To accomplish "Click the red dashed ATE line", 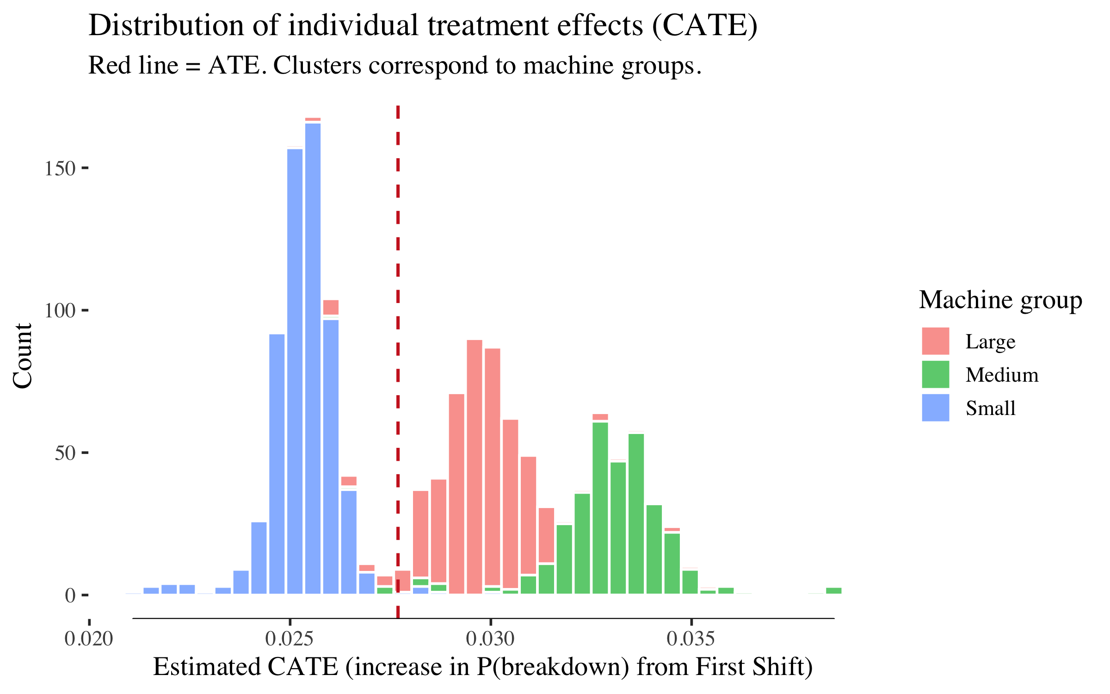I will (x=398, y=324).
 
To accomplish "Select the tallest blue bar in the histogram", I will (x=313, y=361).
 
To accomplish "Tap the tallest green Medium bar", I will (x=600, y=509).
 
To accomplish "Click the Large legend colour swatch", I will (x=935, y=341).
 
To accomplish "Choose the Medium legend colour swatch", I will (x=935, y=374).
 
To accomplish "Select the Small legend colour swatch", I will (x=935, y=408).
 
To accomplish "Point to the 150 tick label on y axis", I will (x=60, y=168).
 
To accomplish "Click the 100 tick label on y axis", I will (x=60, y=310).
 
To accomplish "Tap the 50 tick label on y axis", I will (x=65, y=453).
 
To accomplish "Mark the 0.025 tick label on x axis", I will (x=290, y=639).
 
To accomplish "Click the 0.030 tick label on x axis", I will (x=490, y=639).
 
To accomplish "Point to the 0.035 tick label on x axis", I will (x=691, y=639).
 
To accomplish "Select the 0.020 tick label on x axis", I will (x=89, y=639).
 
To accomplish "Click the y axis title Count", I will (x=22, y=356).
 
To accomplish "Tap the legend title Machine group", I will (x=1000, y=300).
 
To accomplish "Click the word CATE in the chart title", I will (x=705, y=25).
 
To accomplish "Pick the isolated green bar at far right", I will (x=833, y=590).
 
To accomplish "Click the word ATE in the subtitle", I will (x=234, y=65).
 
